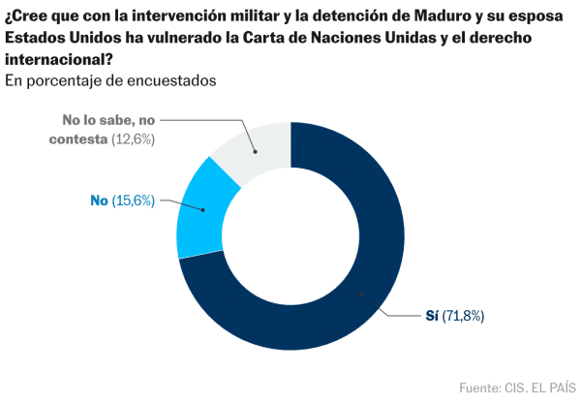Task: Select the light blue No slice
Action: [198, 213]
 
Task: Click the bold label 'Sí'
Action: [432, 316]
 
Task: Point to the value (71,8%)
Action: [464, 316]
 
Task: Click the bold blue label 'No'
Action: [98, 201]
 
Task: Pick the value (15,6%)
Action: [134, 201]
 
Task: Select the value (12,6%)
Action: [133, 139]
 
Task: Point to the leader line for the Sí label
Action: [392, 308]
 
